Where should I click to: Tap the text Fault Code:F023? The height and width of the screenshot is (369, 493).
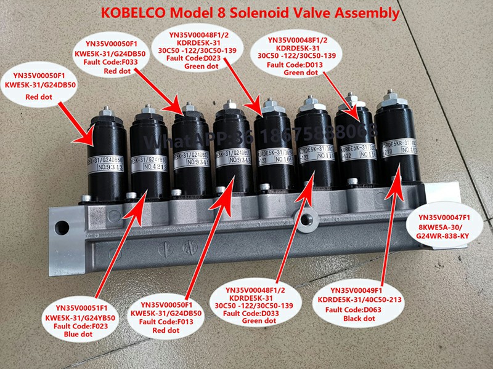73,326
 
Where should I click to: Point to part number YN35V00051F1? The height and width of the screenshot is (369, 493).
73,307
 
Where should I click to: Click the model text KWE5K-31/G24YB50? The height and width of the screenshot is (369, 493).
73,317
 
